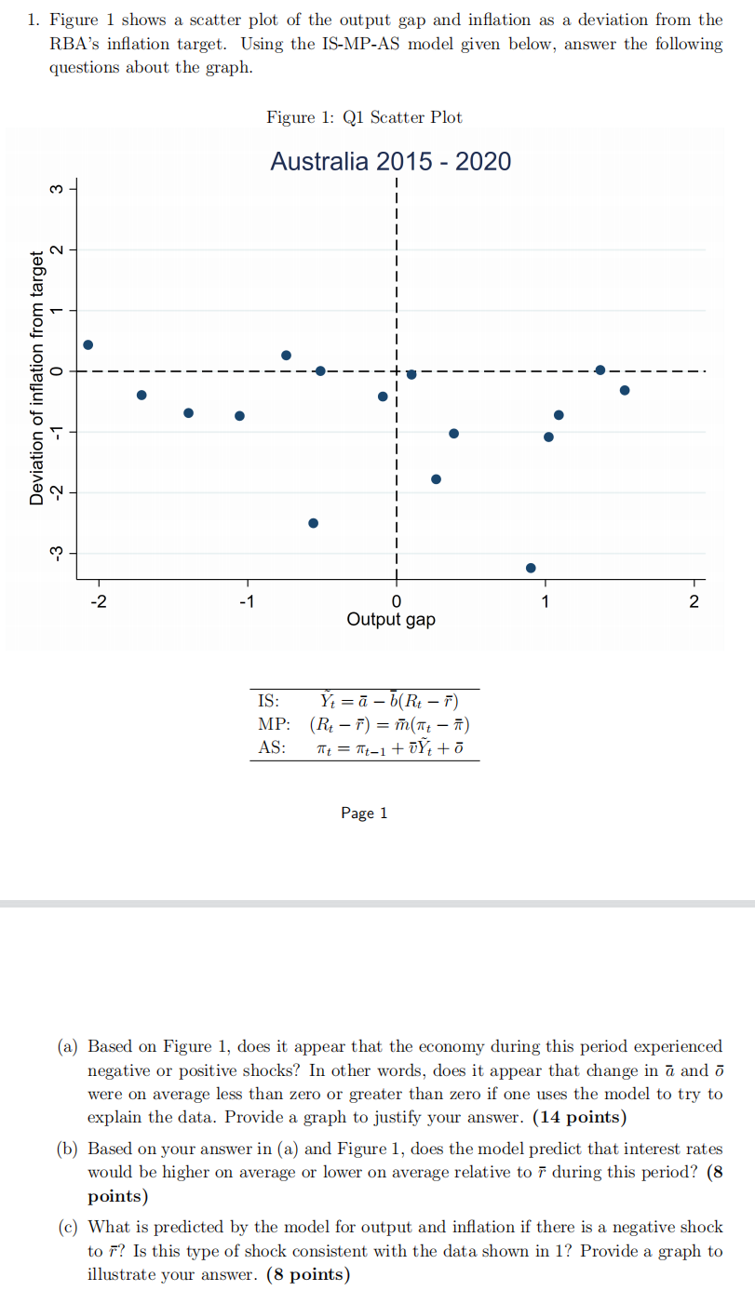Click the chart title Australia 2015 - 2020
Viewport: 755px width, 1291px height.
pyautogui.click(x=390, y=162)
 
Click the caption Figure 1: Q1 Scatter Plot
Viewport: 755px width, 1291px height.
pyautogui.click(x=364, y=117)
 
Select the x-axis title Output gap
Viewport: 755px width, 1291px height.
pyautogui.click(x=390, y=619)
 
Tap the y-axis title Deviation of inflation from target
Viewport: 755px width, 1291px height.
pyautogui.click(x=37, y=378)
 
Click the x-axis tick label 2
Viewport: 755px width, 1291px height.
pyautogui.click(x=693, y=600)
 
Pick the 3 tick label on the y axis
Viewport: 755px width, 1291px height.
pyautogui.click(x=57, y=189)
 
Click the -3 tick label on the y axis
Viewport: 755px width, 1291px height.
pyautogui.click(x=57, y=554)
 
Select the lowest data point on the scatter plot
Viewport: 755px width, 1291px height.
pyautogui.click(x=531, y=568)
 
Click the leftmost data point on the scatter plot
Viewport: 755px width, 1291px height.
pyautogui.click(x=88, y=344)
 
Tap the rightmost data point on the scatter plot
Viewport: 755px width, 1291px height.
pyautogui.click(x=625, y=390)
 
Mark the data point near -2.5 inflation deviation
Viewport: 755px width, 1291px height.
pyautogui.click(x=313, y=523)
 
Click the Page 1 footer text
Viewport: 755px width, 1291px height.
pyautogui.click(x=364, y=814)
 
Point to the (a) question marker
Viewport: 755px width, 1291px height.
pyautogui.click(x=68, y=1047)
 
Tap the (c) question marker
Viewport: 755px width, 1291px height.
pyautogui.click(x=68, y=1228)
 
